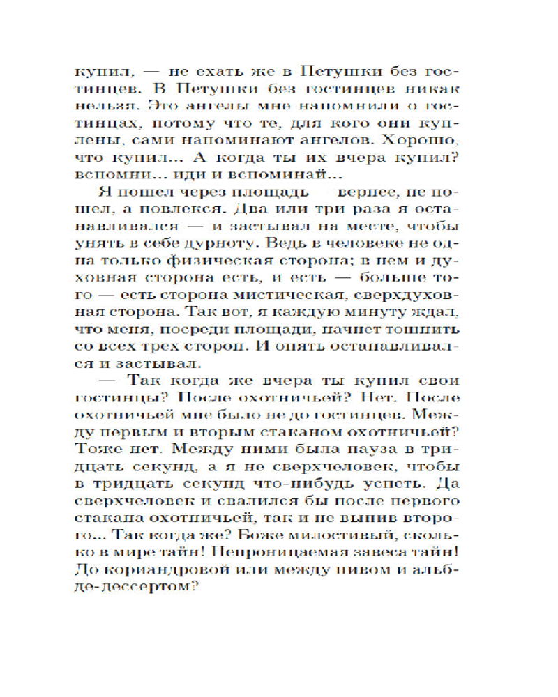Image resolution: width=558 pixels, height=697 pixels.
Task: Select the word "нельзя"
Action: click(100, 105)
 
